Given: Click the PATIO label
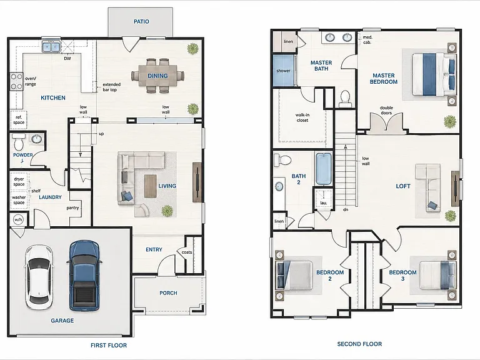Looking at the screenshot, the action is click(x=141, y=21).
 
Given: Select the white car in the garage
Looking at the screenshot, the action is click(x=39, y=276).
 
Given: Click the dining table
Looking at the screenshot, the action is click(x=157, y=76).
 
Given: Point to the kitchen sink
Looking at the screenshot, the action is click(x=51, y=46).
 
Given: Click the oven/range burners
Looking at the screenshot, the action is click(x=16, y=82).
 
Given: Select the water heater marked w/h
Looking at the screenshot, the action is click(x=18, y=219).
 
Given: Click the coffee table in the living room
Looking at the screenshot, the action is click(x=150, y=186).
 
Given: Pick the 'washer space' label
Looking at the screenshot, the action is click(x=19, y=200).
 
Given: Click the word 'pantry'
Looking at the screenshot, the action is click(x=72, y=208).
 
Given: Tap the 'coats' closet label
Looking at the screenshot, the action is click(x=187, y=252).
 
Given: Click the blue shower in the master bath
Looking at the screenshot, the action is click(x=284, y=71).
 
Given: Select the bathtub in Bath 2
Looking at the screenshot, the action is click(x=324, y=169).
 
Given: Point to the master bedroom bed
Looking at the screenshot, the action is click(x=433, y=74).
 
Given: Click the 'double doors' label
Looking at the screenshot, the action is click(x=386, y=110).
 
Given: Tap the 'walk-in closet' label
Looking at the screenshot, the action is click(x=302, y=117).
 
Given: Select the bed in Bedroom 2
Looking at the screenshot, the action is click(x=294, y=275).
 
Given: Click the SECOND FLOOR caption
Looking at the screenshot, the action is click(x=359, y=344).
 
